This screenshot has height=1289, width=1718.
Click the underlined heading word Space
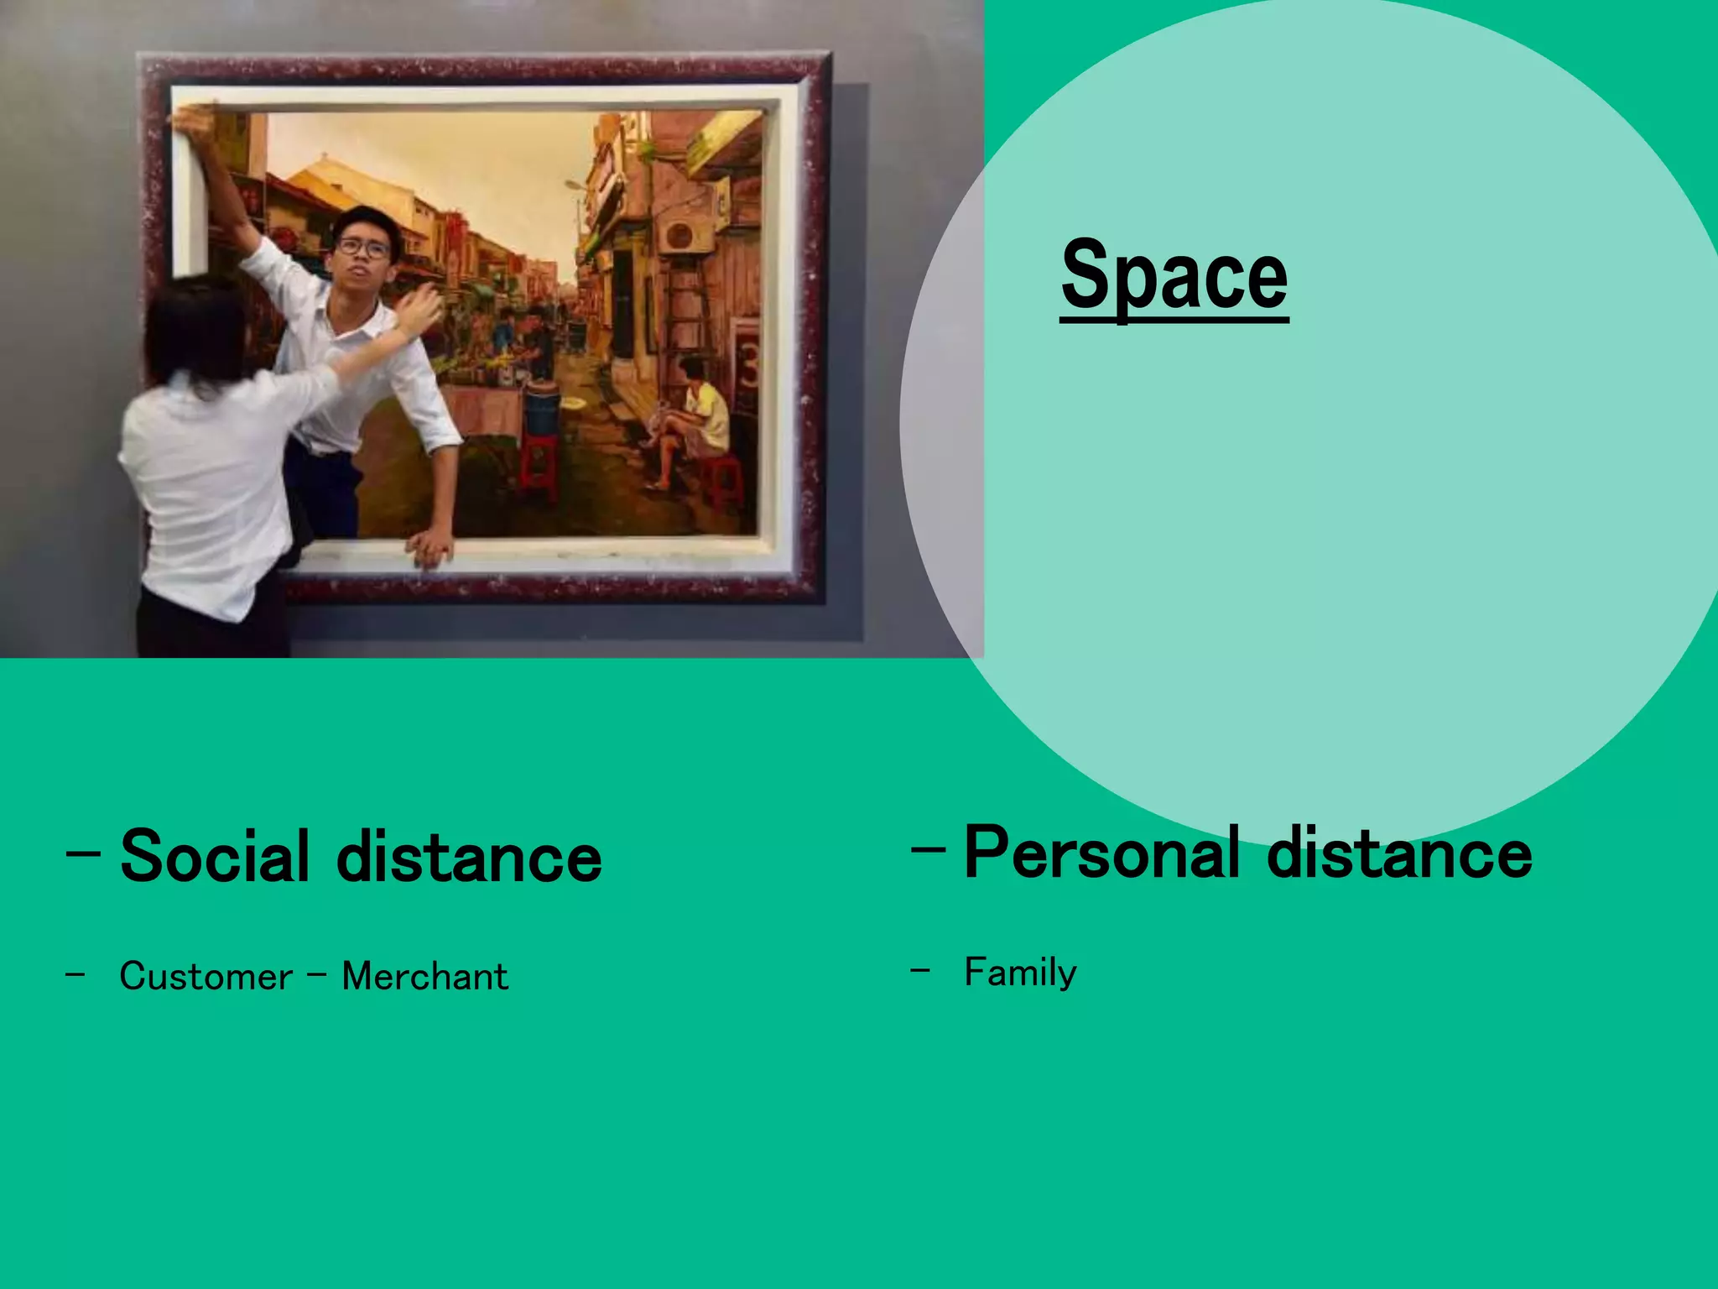tap(1174, 275)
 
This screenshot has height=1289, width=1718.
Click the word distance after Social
tap(469, 856)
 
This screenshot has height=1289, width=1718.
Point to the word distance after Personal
tap(1399, 853)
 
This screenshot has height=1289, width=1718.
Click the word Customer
tap(206, 976)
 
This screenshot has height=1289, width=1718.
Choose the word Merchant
tap(424, 976)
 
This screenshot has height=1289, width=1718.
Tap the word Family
tap(1020, 973)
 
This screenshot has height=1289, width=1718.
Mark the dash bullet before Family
tap(920, 971)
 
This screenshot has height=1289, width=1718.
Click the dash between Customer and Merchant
tap(317, 976)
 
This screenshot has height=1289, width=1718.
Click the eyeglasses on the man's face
tap(363, 248)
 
